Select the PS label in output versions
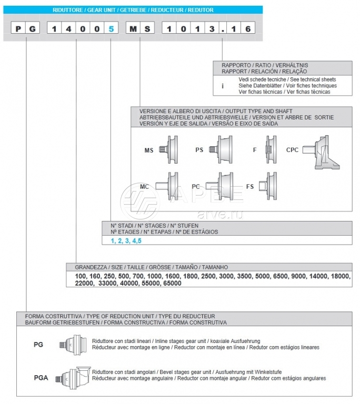pyautogui.click(x=199, y=150)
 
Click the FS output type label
pyautogui.click(x=251, y=186)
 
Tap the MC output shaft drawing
pyautogui.click(x=174, y=185)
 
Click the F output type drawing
pyautogui.click(x=267, y=150)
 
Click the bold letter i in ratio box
pyautogui.click(x=223, y=85)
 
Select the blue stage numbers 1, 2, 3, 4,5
pyautogui.click(x=126, y=241)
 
